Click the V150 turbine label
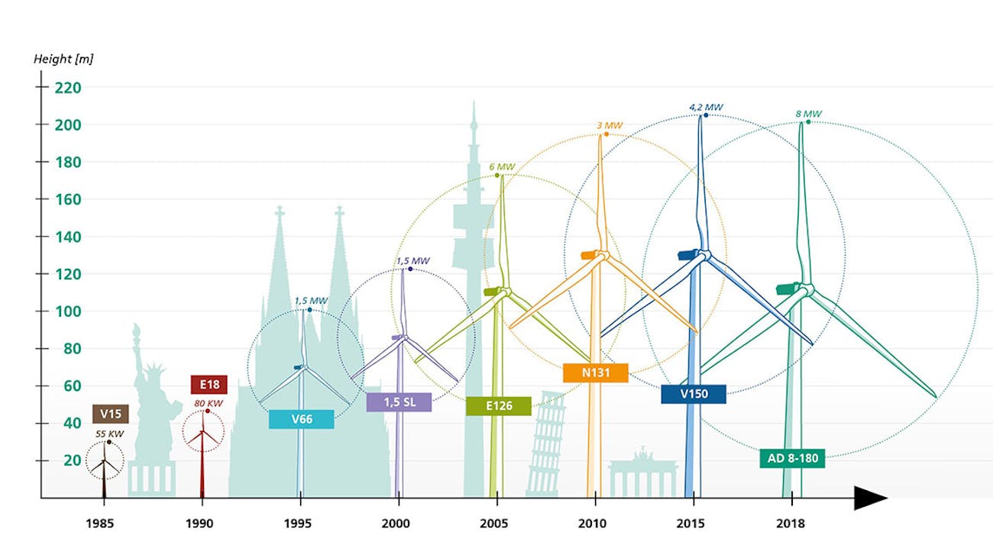pyautogui.click(x=694, y=395)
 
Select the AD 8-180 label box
pyautogui.click(x=792, y=459)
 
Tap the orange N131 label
pyautogui.click(x=595, y=373)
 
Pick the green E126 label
pyautogui.click(x=498, y=406)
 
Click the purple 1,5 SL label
pyautogui.click(x=398, y=402)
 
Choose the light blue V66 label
pyautogui.click(x=301, y=419)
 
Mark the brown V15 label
pyautogui.click(x=110, y=414)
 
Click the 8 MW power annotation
pyautogui.click(x=808, y=115)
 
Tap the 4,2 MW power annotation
pyautogui.click(x=706, y=108)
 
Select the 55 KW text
pyautogui.click(x=109, y=434)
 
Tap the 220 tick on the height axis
pyautogui.click(x=67, y=87)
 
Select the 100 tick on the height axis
pyautogui.click(x=67, y=311)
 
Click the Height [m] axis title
pyautogui.click(x=63, y=59)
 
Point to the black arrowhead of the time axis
pyautogui.click(x=869, y=498)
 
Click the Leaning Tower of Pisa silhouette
pyautogui.click(x=547, y=447)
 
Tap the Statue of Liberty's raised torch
pyautogui.click(x=137, y=330)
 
